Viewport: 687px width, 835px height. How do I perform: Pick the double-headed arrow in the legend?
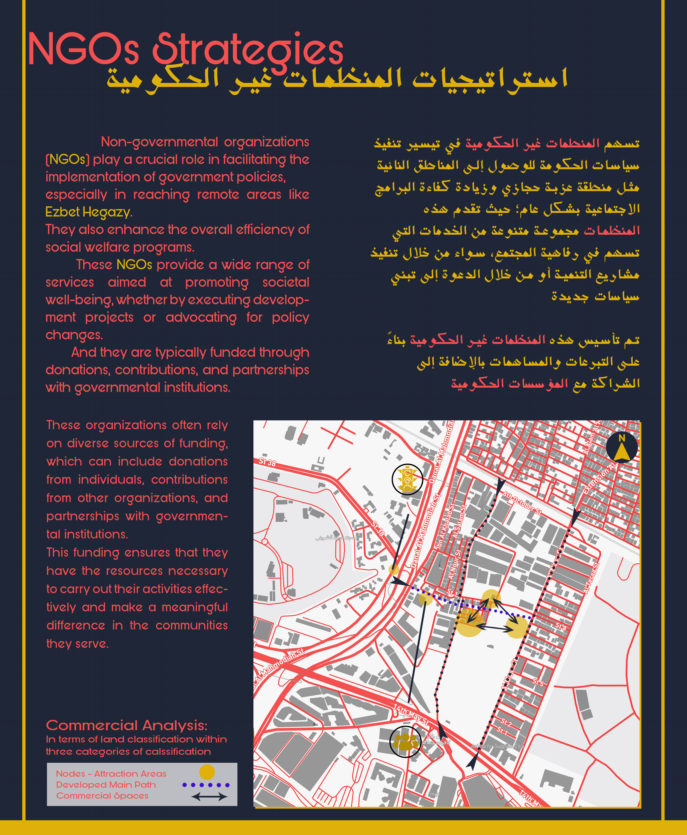[209, 797]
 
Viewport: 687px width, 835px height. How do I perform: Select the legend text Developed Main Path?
[106, 785]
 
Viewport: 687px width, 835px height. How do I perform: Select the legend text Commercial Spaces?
[102, 796]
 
